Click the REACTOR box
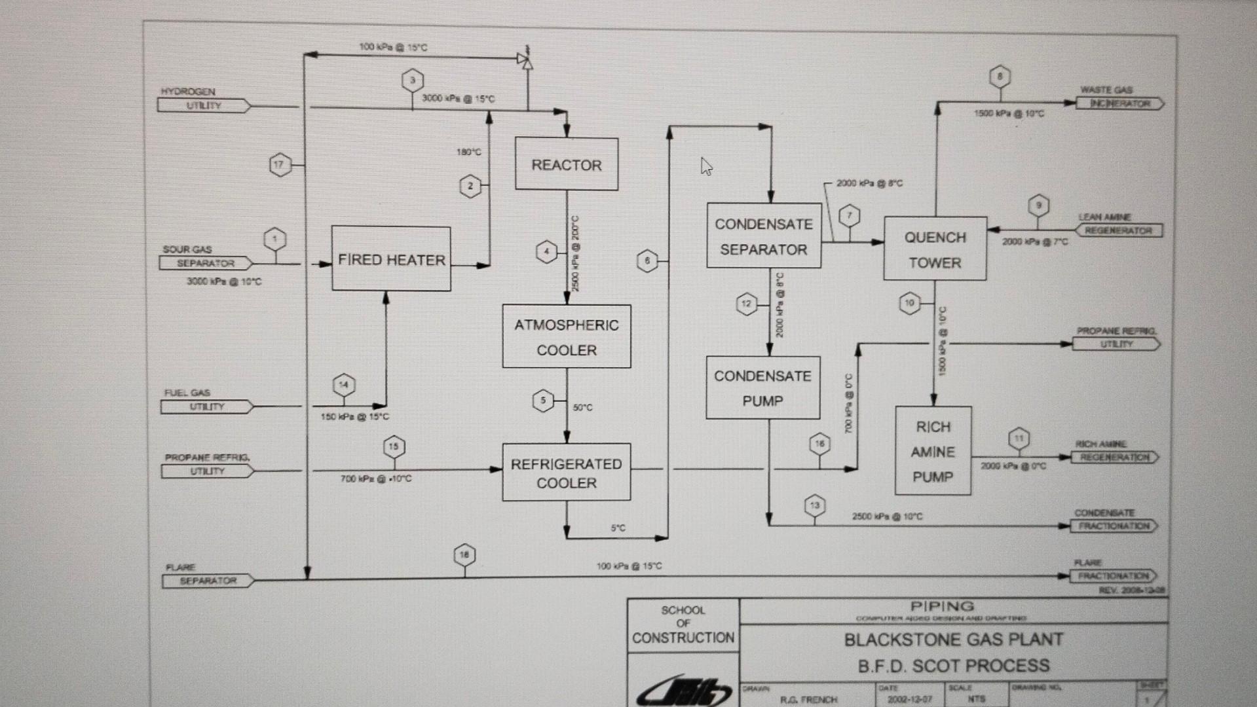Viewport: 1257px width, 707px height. (566, 164)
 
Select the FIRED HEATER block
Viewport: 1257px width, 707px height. (391, 259)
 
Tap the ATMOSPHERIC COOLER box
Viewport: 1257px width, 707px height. (566, 336)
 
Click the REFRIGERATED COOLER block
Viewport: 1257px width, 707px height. (566, 473)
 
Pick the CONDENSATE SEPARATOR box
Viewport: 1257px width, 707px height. (763, 236)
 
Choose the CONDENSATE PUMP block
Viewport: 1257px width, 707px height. (762, 388)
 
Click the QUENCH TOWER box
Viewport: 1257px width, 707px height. (935, 249)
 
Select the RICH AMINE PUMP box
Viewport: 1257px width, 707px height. (933, 451)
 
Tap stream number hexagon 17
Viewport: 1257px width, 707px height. (280, 164)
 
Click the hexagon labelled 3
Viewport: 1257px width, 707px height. (412, 81)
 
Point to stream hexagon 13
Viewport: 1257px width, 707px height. (814, 505)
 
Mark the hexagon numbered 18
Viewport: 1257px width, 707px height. (464, 555)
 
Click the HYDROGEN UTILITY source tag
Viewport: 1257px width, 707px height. (203, 105)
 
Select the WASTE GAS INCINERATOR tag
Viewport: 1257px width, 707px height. (1119, 103)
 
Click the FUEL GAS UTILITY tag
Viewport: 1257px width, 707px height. (206, 407)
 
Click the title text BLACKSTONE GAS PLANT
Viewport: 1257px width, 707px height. (953, 640)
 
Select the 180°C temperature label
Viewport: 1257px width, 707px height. (468, 152)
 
